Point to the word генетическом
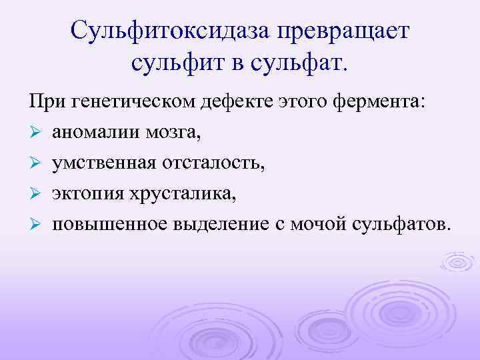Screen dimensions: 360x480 pyautogui.click(x=133, y=103)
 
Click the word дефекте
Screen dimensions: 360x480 pyautogui.click(x=232, y=103)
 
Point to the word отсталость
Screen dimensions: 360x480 pyautogui.click(x=215, y=163)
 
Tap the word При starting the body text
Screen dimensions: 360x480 pyautogui.click(x=45, y=103)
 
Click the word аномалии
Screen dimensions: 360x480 pyautogui.click(x=93, y=133)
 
